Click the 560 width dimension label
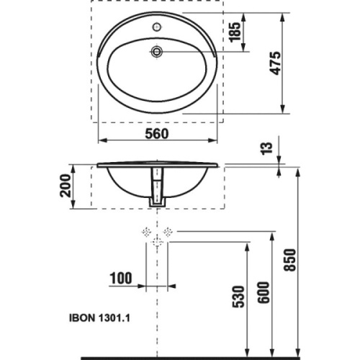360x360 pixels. click(x=157, y=134)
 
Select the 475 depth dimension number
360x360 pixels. click(x=275, y=63)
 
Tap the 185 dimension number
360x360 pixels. click(x=235, y=32)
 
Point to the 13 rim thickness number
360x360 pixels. click(x=267, y=149)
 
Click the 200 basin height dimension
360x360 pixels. click(x=66, y=186)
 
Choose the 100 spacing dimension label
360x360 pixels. click(x=121, y=278)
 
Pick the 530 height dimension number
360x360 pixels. click(x=238, y=297)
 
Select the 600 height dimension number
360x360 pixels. click(x=264, y=293)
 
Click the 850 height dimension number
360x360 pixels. click(x=289, y=260)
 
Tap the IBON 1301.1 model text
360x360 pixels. click(x=99, y=318)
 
